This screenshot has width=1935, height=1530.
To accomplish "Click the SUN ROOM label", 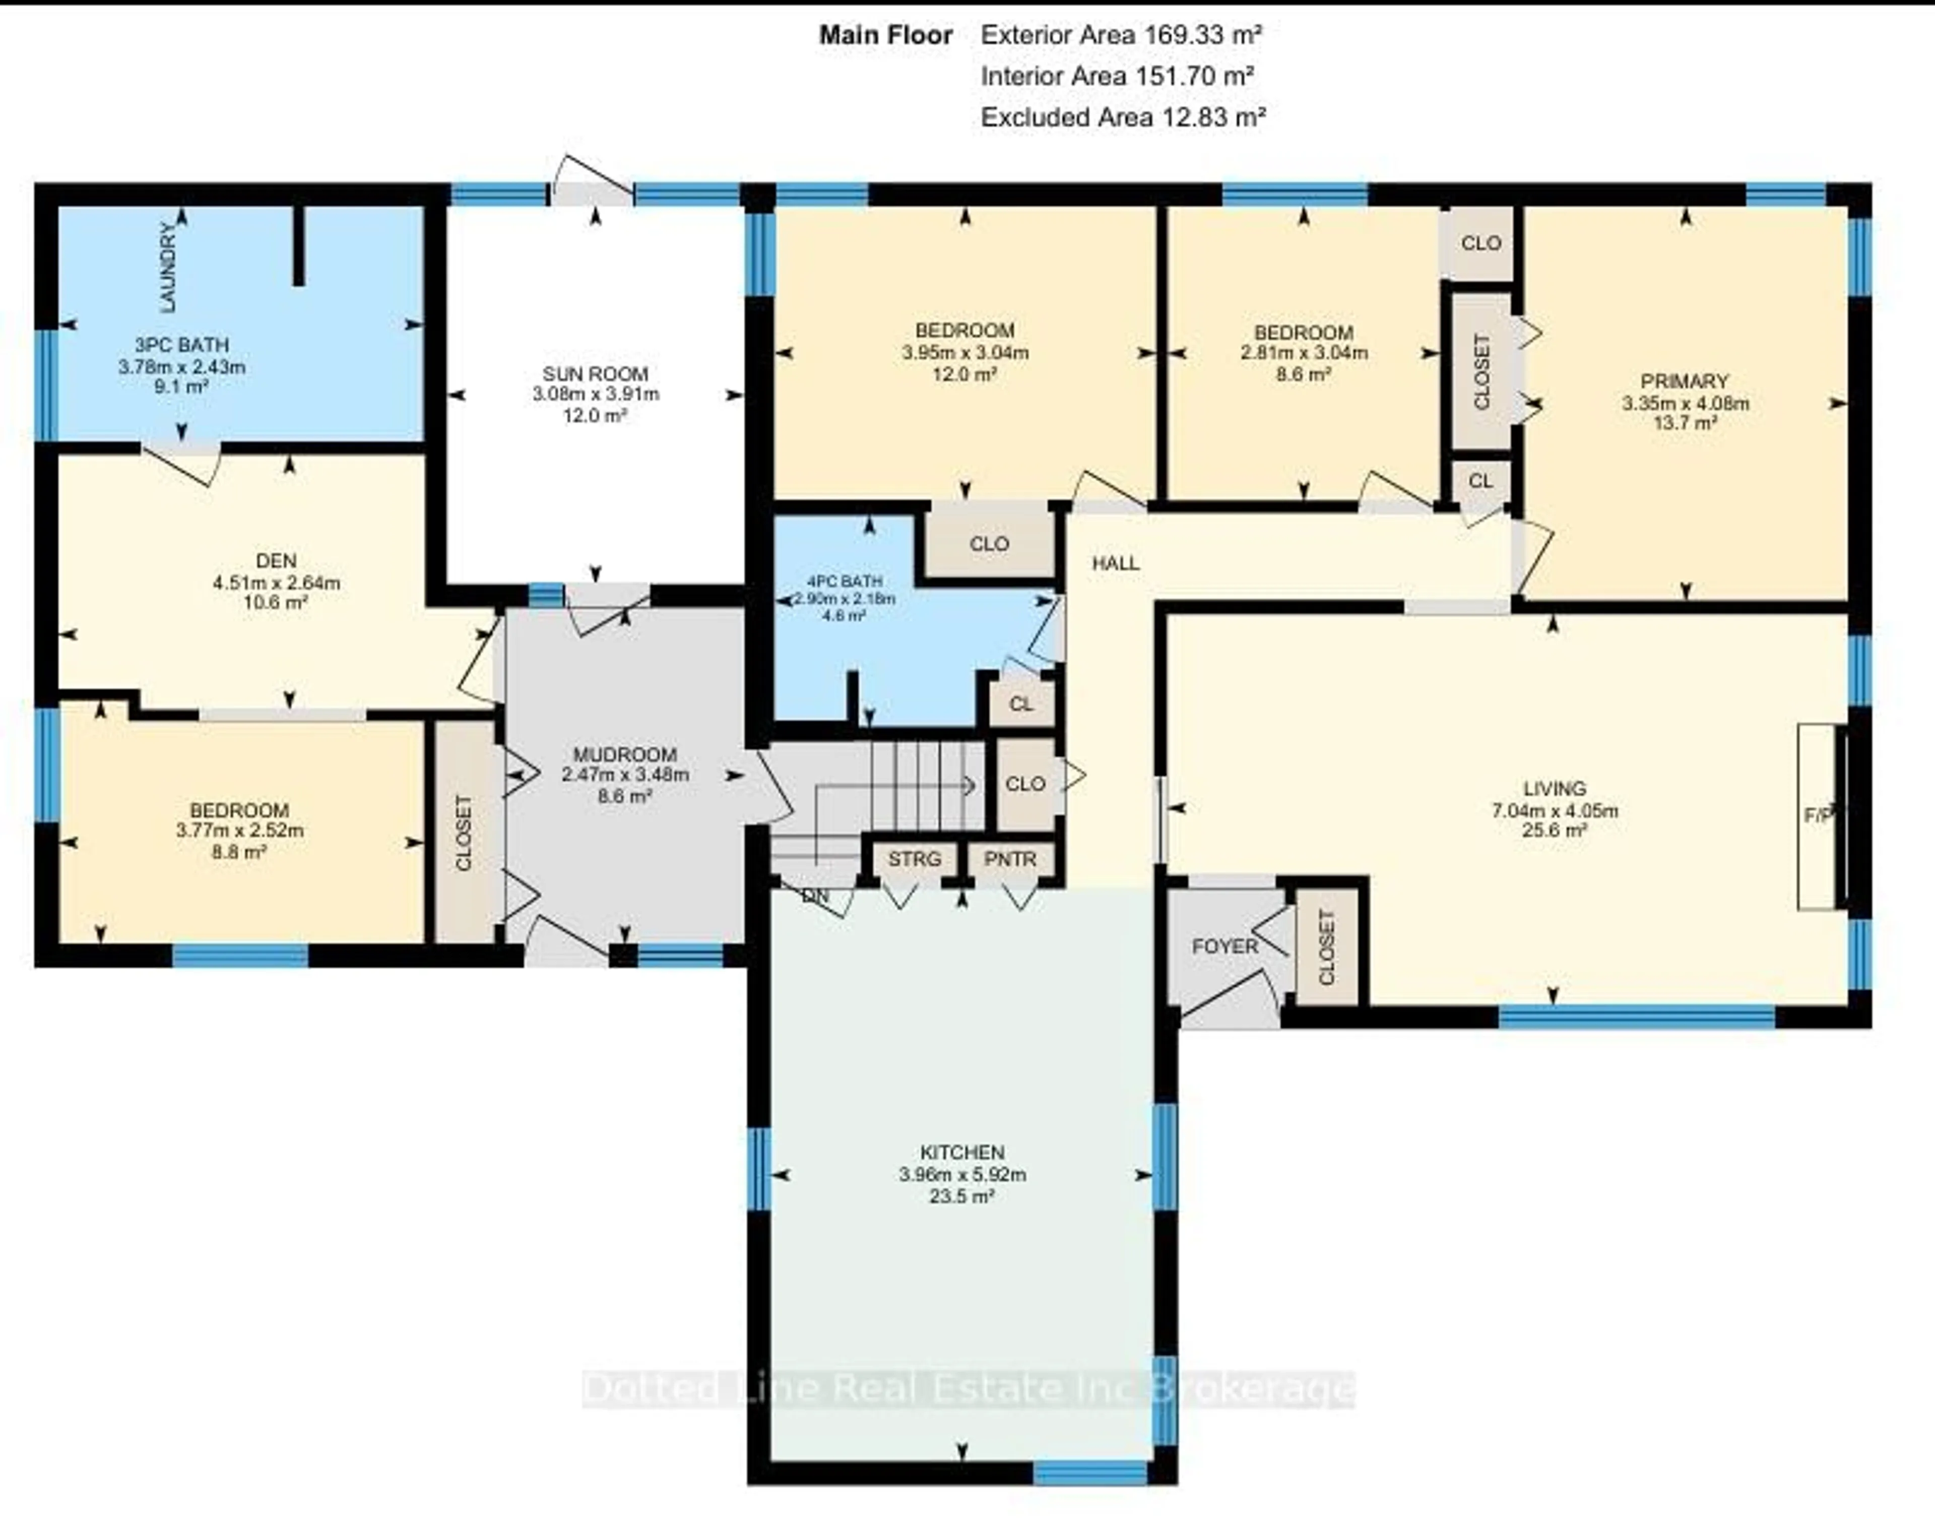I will [595, 373].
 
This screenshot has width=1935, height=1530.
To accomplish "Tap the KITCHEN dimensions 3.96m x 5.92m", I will [962, 1174].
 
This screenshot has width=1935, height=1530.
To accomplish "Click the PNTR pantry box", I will [1010, 859].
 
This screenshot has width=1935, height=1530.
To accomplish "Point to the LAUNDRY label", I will [167, 267].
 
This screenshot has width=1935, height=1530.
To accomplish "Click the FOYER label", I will [1224, 946].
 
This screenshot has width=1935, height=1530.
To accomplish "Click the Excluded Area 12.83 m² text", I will [1123, 117].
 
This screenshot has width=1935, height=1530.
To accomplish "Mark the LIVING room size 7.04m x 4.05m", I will [1554, 811].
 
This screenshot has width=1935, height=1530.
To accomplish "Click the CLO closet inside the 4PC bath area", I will [989, 544].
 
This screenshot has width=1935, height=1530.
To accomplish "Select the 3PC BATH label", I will [181, 345].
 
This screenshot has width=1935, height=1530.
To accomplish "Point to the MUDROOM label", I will [624, 754].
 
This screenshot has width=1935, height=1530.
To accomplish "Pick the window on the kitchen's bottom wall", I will [1090, 1473].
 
